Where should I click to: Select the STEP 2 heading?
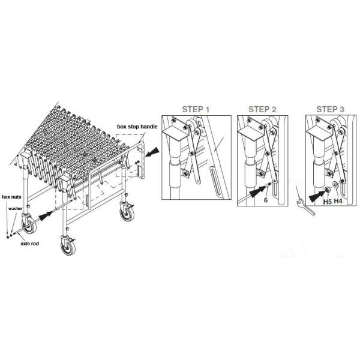coord(262,110)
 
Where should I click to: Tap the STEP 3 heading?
coord(330,110)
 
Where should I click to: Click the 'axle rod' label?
coord(29,245)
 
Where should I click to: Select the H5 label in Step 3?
coord(327,202)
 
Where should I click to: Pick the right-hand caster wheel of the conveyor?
coord(127,214)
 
